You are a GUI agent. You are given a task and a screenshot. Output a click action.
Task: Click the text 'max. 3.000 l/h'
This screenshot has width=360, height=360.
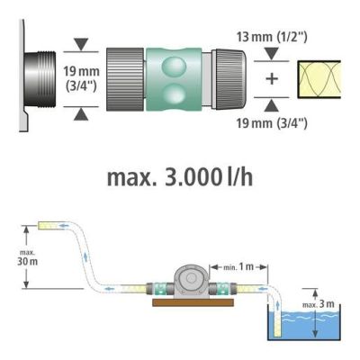click(179, 176)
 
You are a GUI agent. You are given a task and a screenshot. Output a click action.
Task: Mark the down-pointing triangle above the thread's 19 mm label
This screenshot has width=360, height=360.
click(80, 43)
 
